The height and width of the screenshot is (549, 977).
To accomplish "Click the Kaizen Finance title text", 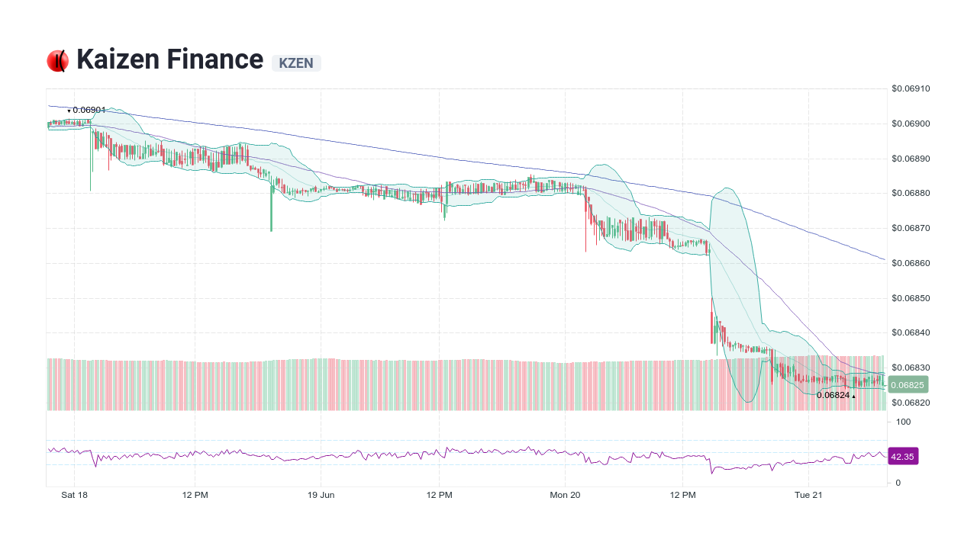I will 169,59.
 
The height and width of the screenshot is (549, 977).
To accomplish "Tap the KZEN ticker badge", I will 296,63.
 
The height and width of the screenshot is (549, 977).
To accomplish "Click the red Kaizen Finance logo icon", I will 57,61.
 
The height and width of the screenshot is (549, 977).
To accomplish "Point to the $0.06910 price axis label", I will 911,88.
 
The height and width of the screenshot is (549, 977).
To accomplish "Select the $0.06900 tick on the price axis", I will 911,124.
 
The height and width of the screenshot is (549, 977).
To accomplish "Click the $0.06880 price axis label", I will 911,194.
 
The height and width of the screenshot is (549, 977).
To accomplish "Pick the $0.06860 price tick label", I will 911,263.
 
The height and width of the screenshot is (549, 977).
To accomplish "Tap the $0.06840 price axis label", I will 911,333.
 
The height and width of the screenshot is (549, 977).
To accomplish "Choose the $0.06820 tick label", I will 911,403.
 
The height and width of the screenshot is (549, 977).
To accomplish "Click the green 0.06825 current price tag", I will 907,385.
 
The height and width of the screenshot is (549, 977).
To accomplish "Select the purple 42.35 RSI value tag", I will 902,457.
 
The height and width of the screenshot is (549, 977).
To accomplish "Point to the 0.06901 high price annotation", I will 89,110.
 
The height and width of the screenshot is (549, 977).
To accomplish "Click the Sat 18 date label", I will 74,495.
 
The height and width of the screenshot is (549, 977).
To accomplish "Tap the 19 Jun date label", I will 321,495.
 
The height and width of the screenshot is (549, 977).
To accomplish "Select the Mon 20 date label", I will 565,495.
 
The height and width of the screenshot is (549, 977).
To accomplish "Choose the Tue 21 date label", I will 808,495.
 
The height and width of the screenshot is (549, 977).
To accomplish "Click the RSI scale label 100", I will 903,422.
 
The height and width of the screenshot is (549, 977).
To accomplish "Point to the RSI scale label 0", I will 898,483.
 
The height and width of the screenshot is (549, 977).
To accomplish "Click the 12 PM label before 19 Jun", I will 195,495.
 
